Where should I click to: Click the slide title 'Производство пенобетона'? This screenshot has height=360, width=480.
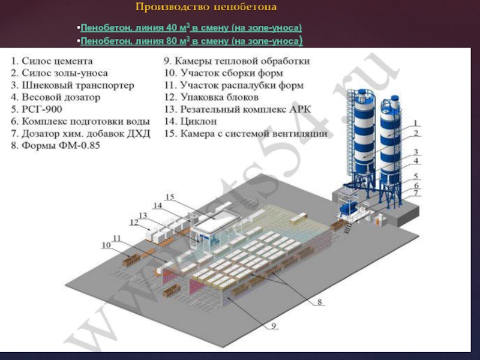(206, 7)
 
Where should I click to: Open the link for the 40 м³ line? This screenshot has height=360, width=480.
(191, 28)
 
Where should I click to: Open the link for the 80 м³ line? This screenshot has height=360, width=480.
(191, 41)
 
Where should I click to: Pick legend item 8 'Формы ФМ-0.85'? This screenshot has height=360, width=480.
(53, 145)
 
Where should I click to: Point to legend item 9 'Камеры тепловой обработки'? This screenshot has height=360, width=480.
(237, 61)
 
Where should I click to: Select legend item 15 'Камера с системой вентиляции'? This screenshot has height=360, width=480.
(245, 133)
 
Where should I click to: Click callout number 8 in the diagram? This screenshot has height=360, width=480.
(320, 302)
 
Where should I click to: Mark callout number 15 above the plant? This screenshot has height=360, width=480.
(170, 197)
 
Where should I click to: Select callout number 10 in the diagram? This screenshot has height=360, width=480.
(106, 245)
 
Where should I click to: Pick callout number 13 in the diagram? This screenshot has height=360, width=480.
(143, 215)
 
